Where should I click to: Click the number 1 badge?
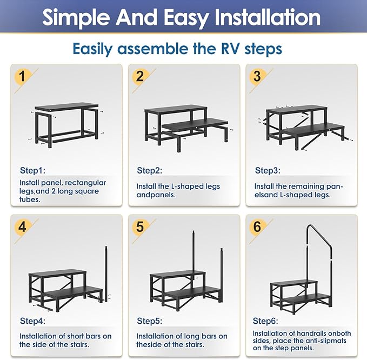tap(22, 77)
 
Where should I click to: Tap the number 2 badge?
tap(139, 77)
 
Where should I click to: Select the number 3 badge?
tap(257, 77)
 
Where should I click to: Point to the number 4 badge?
tap(22, 226)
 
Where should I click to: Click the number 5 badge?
tap(139, 226)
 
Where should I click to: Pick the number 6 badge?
tap(257, 226)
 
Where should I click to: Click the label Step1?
tap(34, 171)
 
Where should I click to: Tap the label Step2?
tap(149, 171)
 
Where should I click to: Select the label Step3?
tap(268, 171)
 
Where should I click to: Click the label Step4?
tap(34, 321)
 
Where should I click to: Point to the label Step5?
tap(150, 321)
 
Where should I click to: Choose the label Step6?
tap(266, 321)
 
